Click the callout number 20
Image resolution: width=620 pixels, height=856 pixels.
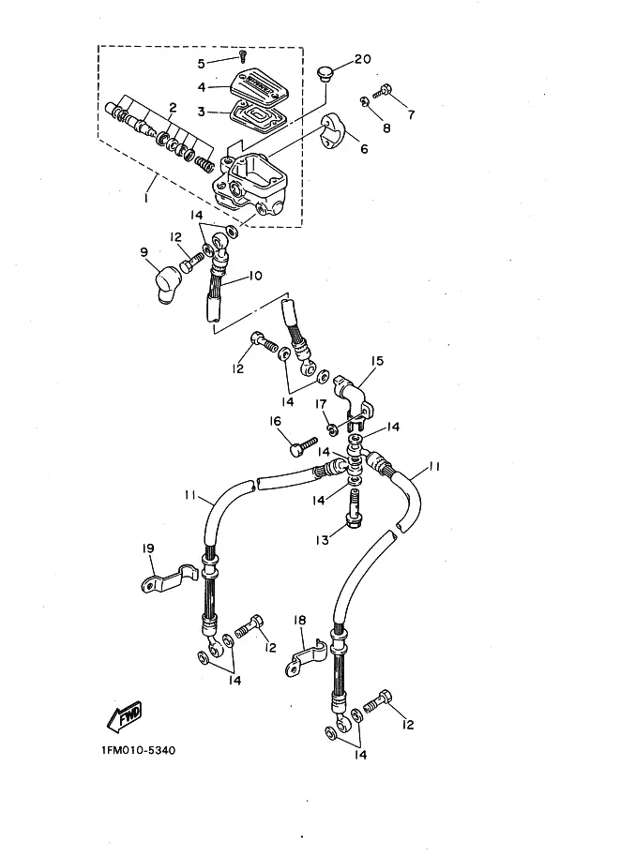click(x=362, y=60)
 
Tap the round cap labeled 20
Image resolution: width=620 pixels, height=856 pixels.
click(x=325, y=73)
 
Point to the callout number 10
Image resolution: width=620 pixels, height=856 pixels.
click(x=254, y=277)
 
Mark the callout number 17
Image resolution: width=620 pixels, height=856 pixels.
click(x=320, y=404)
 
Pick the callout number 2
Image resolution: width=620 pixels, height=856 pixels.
click(x=172, y=107)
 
